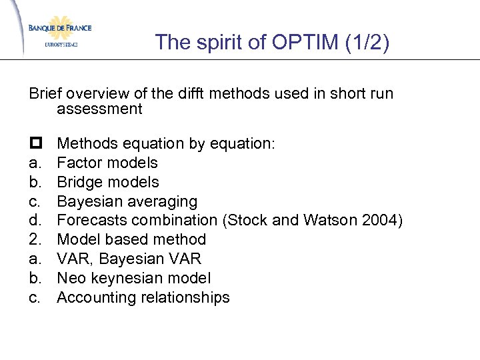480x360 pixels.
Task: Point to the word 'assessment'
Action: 100,109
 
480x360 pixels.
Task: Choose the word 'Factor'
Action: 78,163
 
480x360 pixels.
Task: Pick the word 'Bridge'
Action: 79,182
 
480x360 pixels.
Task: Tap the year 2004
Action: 384,221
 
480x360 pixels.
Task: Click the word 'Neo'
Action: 71,279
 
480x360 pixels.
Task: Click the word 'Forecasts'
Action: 89,221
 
